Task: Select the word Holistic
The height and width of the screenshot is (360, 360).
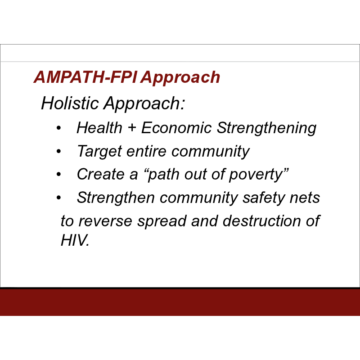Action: point(70,103)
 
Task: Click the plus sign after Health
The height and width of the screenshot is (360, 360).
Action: point(132,127)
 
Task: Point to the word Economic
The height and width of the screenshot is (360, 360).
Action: point(176,127)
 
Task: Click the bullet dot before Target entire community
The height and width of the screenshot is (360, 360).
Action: point(59,151)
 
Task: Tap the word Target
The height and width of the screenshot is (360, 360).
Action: point(99,152)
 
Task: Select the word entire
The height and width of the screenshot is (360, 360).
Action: point(146,152)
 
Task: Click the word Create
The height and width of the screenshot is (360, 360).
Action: point(100,174)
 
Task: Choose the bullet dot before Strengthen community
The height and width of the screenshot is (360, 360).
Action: point(59,198)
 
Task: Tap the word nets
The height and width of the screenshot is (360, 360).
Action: point(305,198)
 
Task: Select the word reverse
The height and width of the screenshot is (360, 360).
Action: point(105,221)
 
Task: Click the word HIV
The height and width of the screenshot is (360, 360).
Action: point(75,240)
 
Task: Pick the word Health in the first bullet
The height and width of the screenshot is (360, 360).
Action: point(99,127)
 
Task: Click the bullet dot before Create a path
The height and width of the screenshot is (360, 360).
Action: point(59,174)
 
